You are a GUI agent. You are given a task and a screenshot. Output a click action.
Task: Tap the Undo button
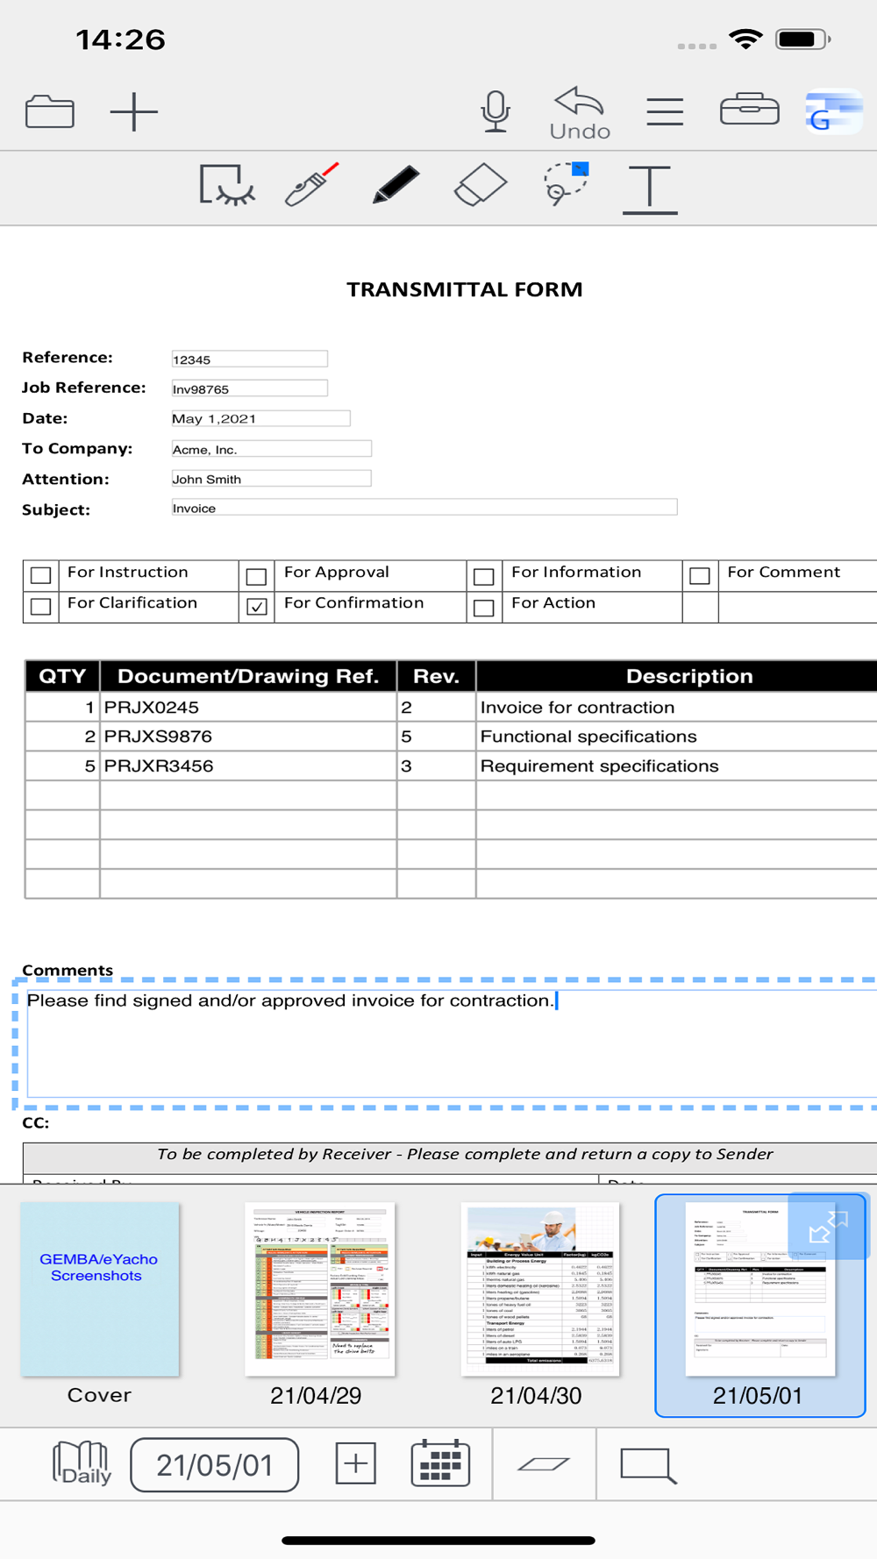pyautogui.click(x=580, y=112)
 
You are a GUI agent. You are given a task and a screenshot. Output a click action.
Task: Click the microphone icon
pyautogui.click(x=496, y=111)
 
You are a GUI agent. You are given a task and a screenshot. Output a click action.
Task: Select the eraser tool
pyautogui.click(x=481, y=185)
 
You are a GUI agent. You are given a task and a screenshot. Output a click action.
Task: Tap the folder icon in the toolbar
pyautogui.click(x=50, y=111)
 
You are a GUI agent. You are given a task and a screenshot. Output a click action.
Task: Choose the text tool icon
pyautogui.click(x=650, y=188)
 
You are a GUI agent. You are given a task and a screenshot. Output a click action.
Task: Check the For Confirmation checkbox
pyautogui.click(x=257, y=607)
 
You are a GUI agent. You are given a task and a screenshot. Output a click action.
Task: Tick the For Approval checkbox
pyautogui.click(x=256, y=576)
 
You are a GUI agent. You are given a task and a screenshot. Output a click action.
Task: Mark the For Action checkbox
pyautogui.click(x=483, y=607)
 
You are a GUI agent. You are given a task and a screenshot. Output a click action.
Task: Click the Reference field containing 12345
pyautogui.click(x=249, y=359)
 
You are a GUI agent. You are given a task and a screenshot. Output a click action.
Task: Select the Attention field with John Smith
pyautogui.click(x=271, y=479)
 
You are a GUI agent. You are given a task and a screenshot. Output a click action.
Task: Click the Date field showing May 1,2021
pyautogui.click(x=260, y=418)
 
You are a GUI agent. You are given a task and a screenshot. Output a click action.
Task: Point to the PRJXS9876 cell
pyautogui.click(x=247, y=737)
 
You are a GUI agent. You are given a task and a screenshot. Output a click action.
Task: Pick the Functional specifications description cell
pyautogui.click(x=675, y=737)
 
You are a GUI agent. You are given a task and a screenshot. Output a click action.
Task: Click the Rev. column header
pyautogui.click(x=436, y=676)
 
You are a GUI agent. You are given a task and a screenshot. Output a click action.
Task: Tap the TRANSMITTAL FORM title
pyautogui.click(x=464, y=289)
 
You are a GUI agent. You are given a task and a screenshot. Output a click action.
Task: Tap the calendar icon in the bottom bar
pyautogui.click(x=440, y=1463)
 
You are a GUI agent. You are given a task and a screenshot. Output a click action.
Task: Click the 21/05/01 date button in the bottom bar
pyautogui.click(x=215, y=1464)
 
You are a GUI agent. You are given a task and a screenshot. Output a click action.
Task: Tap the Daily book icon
pyautogui.click(x=82, y=1463)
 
